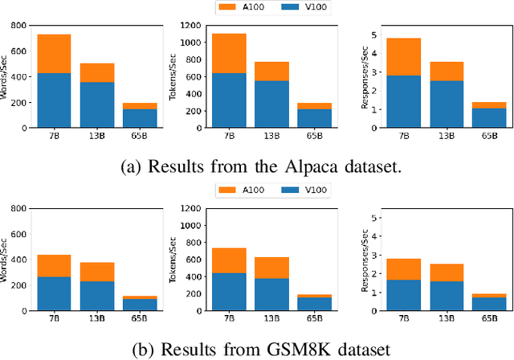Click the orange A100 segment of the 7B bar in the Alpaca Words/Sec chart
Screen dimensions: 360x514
pyautogui.click(x=53, y=54)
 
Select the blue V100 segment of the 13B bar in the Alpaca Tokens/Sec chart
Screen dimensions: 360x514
pyautogui.click(x=271, y=104)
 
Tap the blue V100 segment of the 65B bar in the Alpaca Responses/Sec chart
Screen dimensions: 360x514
pyautogui.click(x=489, y=118)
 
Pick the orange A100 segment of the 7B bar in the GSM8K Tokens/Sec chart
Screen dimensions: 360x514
pyautogui.click(x=228, y=260)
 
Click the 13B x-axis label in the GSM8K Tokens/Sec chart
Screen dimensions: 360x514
pyautogui.click(x=271, y=320)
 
